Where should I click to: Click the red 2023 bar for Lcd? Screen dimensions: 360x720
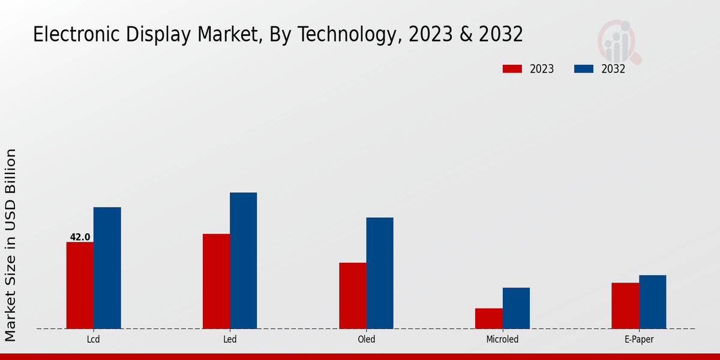80,285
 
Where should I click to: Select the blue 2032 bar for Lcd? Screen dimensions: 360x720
107,268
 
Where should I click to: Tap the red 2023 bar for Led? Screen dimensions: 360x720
216,281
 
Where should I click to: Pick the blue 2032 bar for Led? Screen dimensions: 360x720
243,260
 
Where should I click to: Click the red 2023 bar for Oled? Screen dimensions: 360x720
352,295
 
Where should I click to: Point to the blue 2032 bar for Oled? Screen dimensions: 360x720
380,273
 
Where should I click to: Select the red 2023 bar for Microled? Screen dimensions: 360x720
488,318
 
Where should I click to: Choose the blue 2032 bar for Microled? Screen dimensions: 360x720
516,308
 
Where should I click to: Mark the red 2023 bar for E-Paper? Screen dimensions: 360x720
625,305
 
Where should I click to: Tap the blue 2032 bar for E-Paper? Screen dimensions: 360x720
652,302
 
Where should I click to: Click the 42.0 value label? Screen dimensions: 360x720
80,237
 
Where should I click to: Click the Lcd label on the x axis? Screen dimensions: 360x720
93,340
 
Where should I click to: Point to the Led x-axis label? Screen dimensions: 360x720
230,340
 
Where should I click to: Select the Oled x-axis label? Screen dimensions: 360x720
366,340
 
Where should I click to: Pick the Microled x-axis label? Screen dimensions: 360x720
502,340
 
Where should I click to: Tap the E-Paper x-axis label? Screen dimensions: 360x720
638,340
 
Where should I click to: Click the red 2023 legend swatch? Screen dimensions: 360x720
512,69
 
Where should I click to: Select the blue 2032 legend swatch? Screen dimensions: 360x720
583,69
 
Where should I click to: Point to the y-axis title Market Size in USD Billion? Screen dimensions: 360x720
11,246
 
